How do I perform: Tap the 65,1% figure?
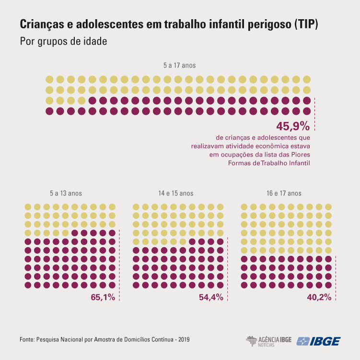[103, 297]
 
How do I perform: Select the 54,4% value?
[211, 297]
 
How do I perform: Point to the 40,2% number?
[319, 297]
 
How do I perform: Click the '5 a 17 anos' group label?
[179, 65]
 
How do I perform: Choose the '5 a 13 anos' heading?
[66, 193]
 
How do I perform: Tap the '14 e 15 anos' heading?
[176, 193]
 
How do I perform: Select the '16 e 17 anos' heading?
[284, 193]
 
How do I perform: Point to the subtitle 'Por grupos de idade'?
[63, 41]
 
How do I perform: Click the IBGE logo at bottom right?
[319, 341]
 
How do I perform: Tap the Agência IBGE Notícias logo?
[268, 341]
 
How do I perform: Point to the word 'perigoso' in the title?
[264, 24]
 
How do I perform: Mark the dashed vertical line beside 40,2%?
[336, 278]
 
